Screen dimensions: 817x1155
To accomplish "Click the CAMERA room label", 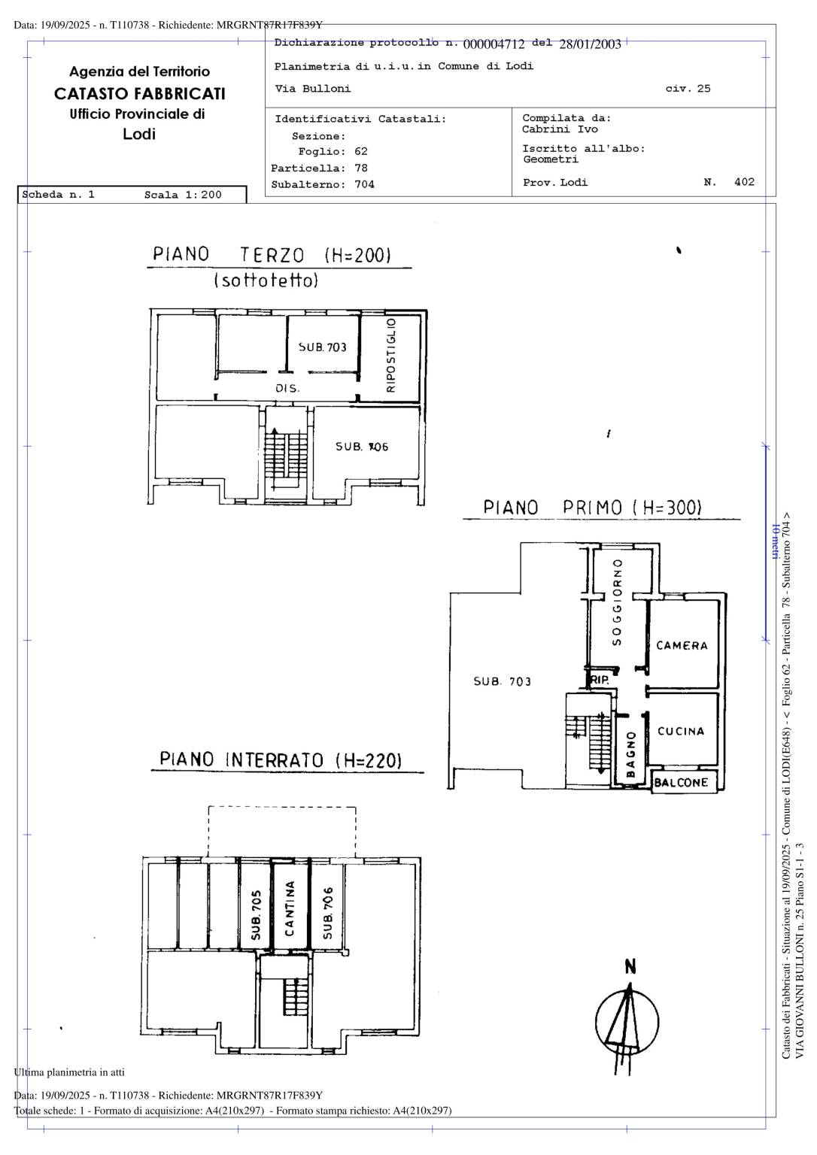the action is click(x=682, y=646).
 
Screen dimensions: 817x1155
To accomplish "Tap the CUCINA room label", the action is click(x=680, y=731).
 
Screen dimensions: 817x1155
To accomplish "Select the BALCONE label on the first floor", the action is click(x=681, y=783).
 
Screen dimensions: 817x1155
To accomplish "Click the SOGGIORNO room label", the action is click(x=617, y=602).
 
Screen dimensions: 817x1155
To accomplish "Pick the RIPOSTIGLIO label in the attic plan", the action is click(x=391, y=355).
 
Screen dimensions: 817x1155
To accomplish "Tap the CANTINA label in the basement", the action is click(x=290, y=908).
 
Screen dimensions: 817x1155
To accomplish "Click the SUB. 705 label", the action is click(x=257, y=914).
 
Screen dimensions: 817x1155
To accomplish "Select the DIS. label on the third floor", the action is click(x=287, y=388).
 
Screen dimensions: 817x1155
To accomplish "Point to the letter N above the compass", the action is click(x=630, y=967).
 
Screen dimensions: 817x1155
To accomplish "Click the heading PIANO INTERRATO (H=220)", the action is click(x=281, y=759).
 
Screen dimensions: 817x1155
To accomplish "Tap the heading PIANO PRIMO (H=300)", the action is click(x=592, y=508).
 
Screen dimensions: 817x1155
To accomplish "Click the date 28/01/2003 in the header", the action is click(x=590, y=44).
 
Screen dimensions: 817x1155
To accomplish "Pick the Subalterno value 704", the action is click(x=364, y=184).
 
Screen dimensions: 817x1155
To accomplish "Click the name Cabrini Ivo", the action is click(x=560, y=129).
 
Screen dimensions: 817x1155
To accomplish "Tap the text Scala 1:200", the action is click(x=183, y=195).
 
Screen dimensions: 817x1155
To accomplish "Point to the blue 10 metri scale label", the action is click(x=775, y=541).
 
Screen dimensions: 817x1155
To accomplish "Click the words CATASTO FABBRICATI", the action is click(x=140, y=93).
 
